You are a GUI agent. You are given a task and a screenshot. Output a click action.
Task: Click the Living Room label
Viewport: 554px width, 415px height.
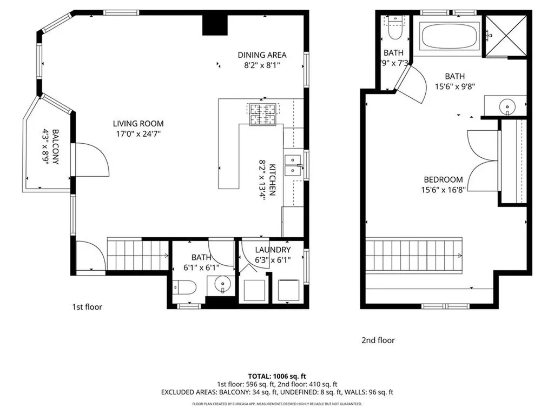[138, 124]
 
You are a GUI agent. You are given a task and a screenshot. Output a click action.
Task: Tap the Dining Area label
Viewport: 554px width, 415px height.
[262, 55]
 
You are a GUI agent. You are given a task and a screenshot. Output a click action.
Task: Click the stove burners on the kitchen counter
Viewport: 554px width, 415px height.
[262, 113]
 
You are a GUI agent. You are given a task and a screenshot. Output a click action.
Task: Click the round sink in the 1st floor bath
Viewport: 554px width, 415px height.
[222, 284]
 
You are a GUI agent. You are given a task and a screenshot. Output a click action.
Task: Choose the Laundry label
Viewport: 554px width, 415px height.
[273, 250]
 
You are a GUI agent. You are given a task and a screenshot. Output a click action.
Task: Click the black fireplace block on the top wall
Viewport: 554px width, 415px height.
[215, 24]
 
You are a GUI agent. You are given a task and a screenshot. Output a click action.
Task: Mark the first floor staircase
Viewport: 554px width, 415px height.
[138, 255]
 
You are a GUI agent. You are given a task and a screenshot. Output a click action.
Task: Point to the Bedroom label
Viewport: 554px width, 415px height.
[443, 180]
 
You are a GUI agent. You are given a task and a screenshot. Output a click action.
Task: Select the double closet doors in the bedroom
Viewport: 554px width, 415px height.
[483, 160]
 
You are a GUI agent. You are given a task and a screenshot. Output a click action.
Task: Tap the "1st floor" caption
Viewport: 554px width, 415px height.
[87, 307]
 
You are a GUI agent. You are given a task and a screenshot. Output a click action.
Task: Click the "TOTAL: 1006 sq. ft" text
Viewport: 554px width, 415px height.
[277, 376]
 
